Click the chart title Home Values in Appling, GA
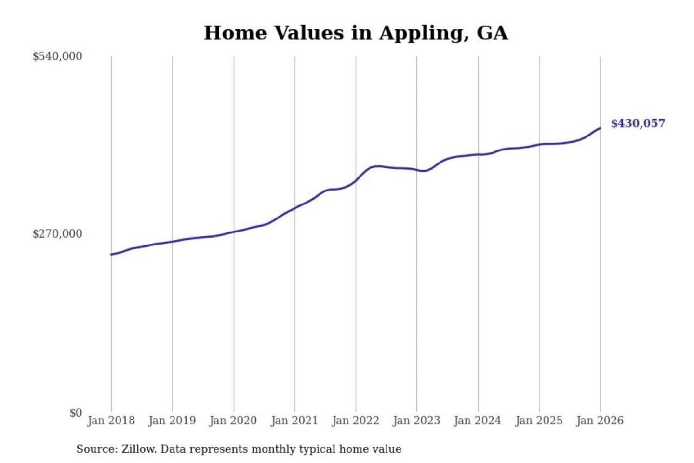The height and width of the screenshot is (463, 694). pyautogui.click(x=356, y=33)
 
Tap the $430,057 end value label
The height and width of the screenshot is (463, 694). pyautogui.click(x=638, y=123)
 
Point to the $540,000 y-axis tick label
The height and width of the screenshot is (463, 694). pyautogui.click(x=57, y=56)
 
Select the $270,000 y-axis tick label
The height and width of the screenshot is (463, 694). pyautogui.click(x=57, y=234)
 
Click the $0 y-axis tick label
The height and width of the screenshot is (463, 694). pyautogui.click(x=76, y=413)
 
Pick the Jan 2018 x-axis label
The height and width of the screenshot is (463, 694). pyautogui.click(x=111, y=421)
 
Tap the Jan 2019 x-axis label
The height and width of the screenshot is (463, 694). pyautogui.click(x=172, y=421)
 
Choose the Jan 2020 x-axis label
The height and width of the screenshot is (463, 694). pyautogui.click(x=233, y=421)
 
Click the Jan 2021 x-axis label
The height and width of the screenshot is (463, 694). pyautogui.click(x=294, y=421)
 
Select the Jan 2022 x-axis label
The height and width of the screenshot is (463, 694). pyautogui.click(x=356, y=421)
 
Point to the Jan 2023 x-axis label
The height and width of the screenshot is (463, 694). pyautogui.click(x=416, y=421)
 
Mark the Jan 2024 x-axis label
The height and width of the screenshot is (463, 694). pyautogui.click(x=478, y=421)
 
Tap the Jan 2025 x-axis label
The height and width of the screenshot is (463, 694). pyautogui.click(x=539, y=421)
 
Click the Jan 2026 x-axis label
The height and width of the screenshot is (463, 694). pyautogui.click(x=600, y=421)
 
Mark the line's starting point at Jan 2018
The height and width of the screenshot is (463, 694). pyautogui.click(x=111, y=254)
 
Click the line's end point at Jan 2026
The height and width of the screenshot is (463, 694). pyautogui.click(x=600, y=128)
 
